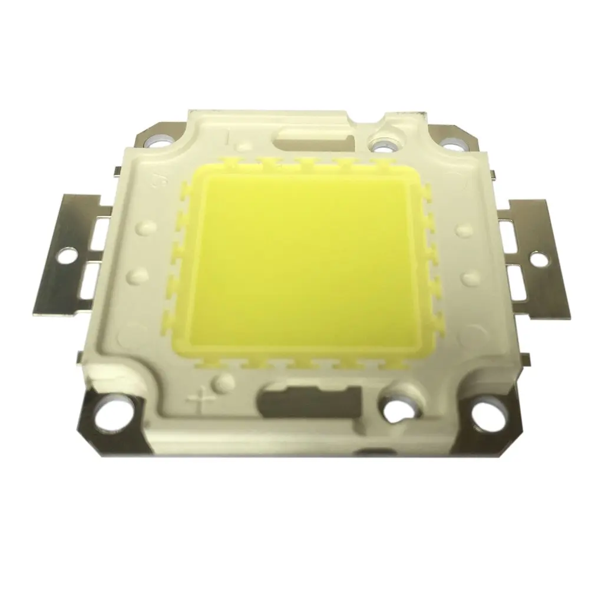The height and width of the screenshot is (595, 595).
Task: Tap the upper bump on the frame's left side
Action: pos(143,227)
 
